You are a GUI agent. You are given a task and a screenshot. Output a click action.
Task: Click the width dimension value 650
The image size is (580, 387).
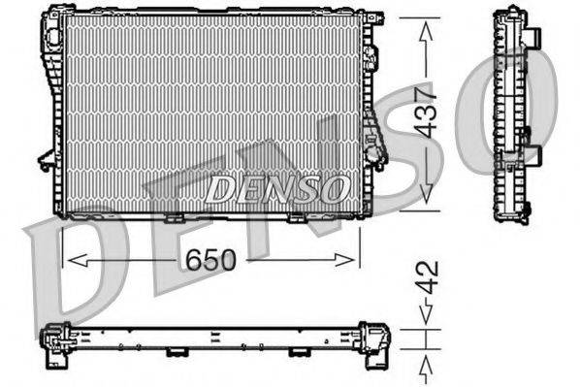(x=210, y=260)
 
